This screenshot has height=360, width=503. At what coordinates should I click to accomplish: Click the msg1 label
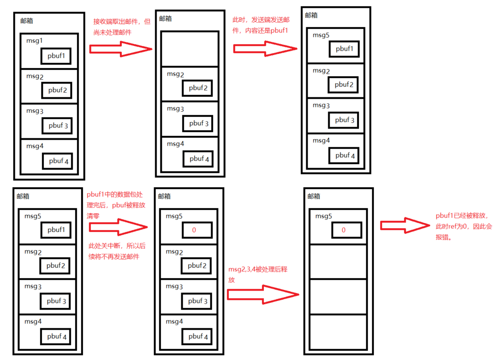click(34, 41)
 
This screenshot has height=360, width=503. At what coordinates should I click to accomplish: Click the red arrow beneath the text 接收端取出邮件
click(120, 49)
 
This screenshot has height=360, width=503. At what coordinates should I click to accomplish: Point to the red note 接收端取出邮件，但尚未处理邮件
click(122, 27)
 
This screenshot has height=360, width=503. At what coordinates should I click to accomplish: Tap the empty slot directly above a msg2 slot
click(190, 49)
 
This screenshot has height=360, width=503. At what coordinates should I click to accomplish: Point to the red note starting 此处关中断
click(117, 251)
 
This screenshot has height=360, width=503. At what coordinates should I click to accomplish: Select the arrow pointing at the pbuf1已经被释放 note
click(404, 225)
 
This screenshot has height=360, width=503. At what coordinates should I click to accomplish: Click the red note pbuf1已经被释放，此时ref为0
click(463, 226)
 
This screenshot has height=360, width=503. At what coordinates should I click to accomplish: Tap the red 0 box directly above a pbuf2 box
click(194, 230)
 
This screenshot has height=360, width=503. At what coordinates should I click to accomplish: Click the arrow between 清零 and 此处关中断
click(118, 227)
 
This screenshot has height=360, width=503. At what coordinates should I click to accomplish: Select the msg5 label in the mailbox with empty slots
click(324, 216)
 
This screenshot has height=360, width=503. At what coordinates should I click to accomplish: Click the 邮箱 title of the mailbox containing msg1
click(27, 21)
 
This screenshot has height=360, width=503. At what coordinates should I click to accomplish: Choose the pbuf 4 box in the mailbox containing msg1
click(58, 161)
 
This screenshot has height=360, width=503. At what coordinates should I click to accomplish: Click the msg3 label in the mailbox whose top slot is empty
click(176, 109)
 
